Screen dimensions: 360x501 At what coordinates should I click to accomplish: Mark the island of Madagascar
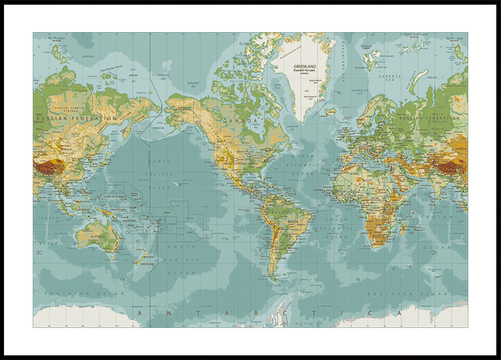(x=402, y=228)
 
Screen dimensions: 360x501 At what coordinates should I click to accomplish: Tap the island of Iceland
(x=331, y=112)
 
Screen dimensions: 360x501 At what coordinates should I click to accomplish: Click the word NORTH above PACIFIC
(x=158, y=162)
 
